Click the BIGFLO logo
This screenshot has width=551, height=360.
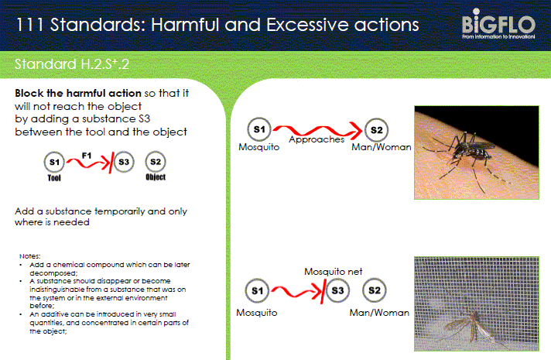498,23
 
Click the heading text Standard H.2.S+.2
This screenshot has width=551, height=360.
72,64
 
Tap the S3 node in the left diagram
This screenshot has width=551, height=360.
124,162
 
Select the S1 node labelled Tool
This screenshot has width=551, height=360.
54,162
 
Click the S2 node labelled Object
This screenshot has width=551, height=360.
156,162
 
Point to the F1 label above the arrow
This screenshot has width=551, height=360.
87,156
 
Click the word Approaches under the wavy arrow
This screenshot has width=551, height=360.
317,139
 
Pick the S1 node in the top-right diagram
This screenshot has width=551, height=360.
259,129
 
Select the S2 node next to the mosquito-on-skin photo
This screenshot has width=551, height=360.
376,130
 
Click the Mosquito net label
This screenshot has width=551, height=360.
333,272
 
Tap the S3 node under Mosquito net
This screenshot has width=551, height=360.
337,290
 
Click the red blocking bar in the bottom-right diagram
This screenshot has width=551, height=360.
323,291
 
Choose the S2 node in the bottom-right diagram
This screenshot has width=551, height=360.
375,290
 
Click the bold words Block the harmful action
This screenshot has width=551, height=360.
78,93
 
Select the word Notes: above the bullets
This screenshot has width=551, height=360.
30,256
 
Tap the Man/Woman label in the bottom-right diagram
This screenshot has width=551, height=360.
379,313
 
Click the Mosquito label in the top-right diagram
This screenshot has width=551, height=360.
259,147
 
